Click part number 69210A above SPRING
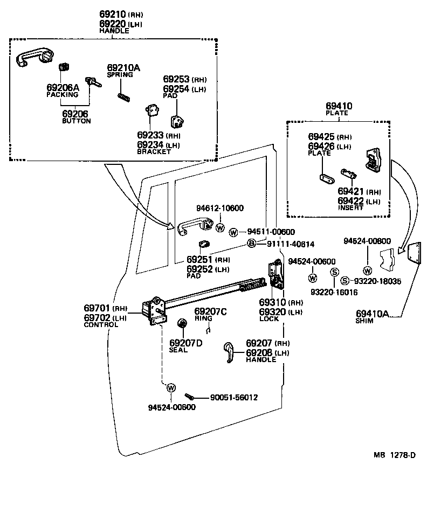pyautogui.click(x=123, y=68)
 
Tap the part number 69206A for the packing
pyautogui.click(x=63, y=87)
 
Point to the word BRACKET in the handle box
pyautogui.click(x=154, y=152)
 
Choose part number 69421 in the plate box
pyautogui.click(x=352, y=192)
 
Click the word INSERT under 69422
pyautogui.click(x=350, y=208)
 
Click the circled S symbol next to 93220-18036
pyautogui.click(x=346, y=281)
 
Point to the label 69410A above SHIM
pyautogui.click(x=372, y=313)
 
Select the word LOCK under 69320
pyautogui.click(x=269, y=319)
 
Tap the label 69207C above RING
pyautogui.click(x=210, y=311)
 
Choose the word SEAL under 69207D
pyautogui.click(x=178, y=350)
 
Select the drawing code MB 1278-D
pyautogui.click(x=395, y=455)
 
